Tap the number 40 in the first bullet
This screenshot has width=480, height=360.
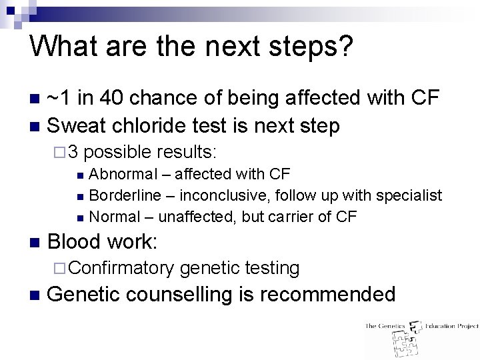click(115, 98)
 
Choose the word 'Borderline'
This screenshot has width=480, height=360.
click(125, 195)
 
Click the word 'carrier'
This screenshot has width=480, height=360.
click(294, 217)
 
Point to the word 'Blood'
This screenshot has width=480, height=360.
click(74, 241)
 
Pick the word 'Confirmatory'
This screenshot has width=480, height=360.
click(121, 268)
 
